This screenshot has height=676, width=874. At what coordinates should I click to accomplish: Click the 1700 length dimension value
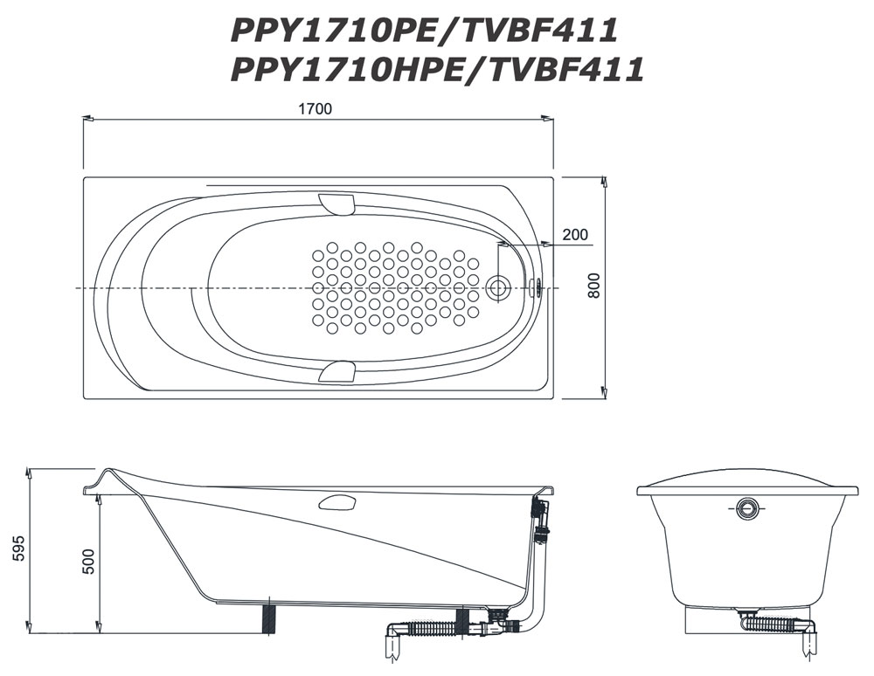(316, 110)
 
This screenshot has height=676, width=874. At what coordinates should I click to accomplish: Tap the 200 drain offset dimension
(574, 234)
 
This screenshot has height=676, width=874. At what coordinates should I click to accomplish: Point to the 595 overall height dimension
(19, 548)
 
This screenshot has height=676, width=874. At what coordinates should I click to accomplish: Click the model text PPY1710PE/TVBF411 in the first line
(425, 31)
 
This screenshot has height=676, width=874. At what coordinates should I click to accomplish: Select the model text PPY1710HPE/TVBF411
(437, 68)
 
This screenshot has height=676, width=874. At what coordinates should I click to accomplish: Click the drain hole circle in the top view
(499, 287)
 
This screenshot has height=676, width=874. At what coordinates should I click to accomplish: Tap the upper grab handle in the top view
(336, 203)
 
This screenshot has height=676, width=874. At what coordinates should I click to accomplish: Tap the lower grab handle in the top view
(336, 373)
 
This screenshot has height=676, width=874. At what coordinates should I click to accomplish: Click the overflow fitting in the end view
(748, 507)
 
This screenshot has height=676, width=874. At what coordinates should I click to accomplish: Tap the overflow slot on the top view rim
(537, 287)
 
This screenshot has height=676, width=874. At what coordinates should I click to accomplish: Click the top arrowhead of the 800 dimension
(604, 181)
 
